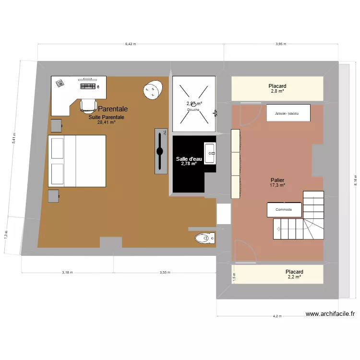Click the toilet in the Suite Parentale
(x=204, y=238)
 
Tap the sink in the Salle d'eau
(x=210, y=154)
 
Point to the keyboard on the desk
(x=88, y=86)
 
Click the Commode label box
(x=284, y=210)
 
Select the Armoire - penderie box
(x=287, y=114)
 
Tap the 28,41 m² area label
(x=106, y=122)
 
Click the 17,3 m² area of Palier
(x=277, y=185)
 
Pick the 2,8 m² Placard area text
(x=277, y=91)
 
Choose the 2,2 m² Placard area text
(x=294, y=277)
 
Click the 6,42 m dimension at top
(x=131, y=44)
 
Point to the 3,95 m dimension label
(x=281, y=44)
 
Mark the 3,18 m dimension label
(x=67, y=272)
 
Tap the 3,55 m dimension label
(x=165, y=272)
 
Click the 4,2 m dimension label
(x=277, y=316)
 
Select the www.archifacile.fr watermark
(x=330, y=314)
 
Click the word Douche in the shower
(x=193, y=109)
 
